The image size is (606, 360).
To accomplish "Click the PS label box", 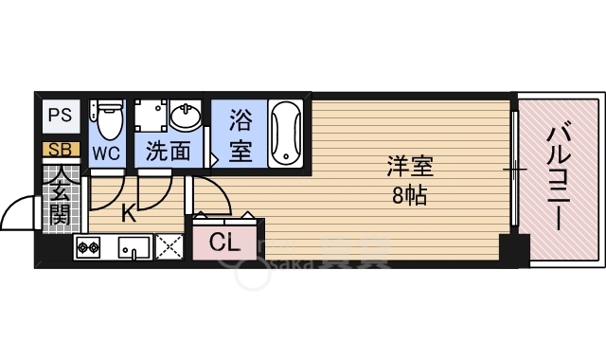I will (x=60, y=117).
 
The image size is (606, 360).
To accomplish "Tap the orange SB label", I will (x=60, y=149).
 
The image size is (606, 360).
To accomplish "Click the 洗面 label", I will (x=168, y=151).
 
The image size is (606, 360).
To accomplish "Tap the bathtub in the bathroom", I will (x=284, y=133).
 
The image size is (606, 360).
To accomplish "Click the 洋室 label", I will (x=409, y=168).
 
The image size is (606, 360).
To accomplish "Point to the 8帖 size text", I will (x=409, y=196).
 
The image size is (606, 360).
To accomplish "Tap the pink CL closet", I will (x=224, y=242).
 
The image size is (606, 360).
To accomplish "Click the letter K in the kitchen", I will (x=128, y=214).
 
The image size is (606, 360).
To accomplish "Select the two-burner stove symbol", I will (x=89, y=248).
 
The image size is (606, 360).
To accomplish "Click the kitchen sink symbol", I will (x=134, y=248).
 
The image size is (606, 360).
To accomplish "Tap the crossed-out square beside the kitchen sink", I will (x=169, y=247).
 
